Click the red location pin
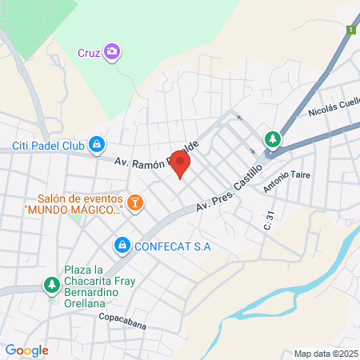coord(181,163)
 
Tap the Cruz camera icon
coord(113,53)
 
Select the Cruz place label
coord(88,53)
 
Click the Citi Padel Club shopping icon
coord(97,145)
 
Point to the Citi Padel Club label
coord(47,146)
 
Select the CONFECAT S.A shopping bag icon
coord(122,246)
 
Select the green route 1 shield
coord(350,30)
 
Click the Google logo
coord(27,350)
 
